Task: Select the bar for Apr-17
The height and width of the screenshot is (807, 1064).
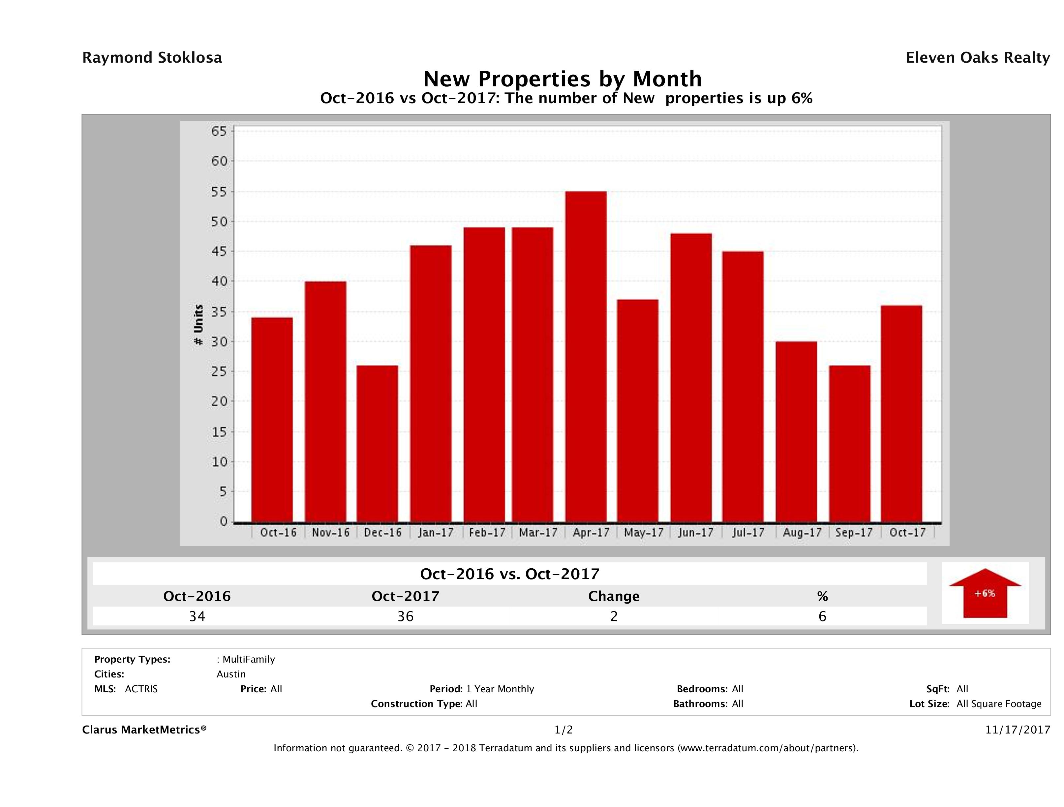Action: click(586, 356)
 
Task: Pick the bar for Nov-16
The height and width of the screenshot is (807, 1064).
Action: click(325, 402)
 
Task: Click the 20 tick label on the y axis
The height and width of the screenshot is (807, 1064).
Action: click(219, 401)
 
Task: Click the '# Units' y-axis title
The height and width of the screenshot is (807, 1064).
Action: click(198, 325)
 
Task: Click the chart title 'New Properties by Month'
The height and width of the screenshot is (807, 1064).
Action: click(562, 79)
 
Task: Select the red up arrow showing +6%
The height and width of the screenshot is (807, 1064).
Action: click(985, 593)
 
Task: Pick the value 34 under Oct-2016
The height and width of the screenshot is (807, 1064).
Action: click(197, 616)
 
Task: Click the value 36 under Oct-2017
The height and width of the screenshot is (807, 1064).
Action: click(406, 616)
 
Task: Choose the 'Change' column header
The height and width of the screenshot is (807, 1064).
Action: click(614, 596)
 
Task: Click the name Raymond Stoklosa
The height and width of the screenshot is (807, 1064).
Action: click(152, 58)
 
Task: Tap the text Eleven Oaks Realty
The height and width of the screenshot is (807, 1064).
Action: click(977, 58)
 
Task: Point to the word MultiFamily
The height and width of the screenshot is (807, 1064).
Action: click(248, 659)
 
